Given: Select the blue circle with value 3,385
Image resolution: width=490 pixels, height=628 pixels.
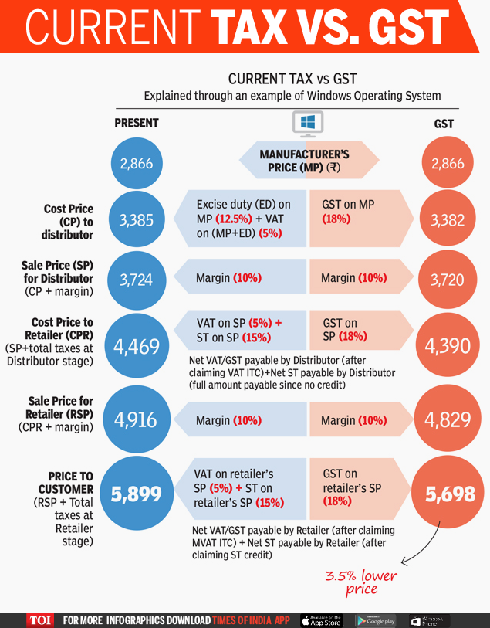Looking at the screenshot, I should click(x=137, y=220).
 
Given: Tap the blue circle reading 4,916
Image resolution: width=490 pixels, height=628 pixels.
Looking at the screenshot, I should click(x=137, y=419).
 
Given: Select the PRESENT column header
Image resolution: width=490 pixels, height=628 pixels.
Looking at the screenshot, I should click(x=137, y=123).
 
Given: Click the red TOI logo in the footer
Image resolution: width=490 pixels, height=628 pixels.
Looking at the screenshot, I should click(x=40, y=620).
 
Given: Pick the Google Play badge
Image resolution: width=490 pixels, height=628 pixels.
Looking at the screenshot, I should click(x=376, y=620).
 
